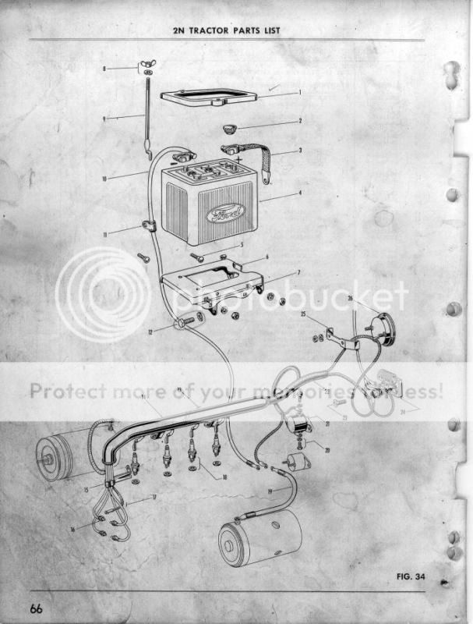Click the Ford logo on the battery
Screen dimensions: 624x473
[x=225, y=212]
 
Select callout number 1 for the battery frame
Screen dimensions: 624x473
[x=299, y=92]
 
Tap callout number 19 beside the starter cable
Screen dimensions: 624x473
[x=270, y=491]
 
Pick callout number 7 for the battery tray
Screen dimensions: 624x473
[x=298, y=273]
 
